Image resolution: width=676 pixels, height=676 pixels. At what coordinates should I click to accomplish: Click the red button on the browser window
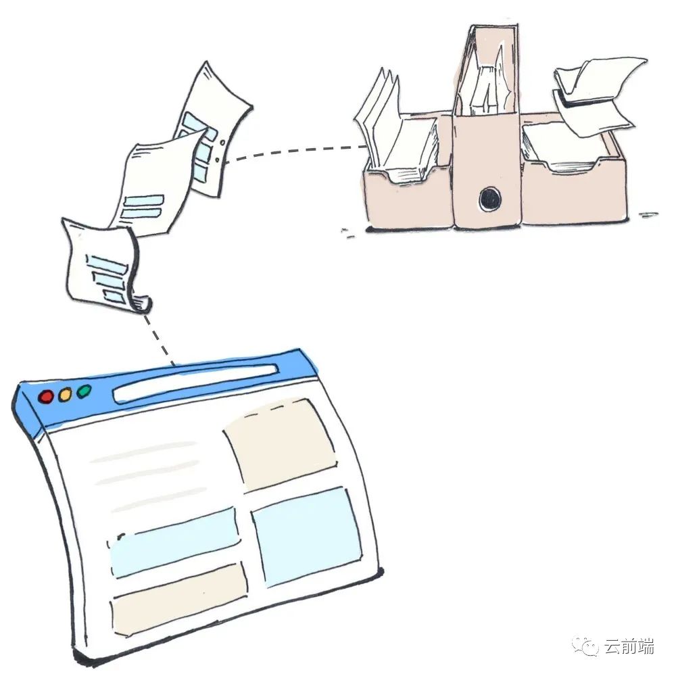click(46, 397)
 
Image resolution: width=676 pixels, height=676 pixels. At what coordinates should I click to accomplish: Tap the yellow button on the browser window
click(65, 395)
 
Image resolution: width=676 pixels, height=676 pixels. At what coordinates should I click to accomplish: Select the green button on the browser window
click(84, 391)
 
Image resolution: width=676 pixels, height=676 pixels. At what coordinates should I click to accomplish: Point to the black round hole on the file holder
click(489, 198)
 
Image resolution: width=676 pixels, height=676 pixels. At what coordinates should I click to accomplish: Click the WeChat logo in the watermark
click(586, 648)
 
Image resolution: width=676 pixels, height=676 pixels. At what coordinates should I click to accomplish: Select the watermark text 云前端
click(629, 648)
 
